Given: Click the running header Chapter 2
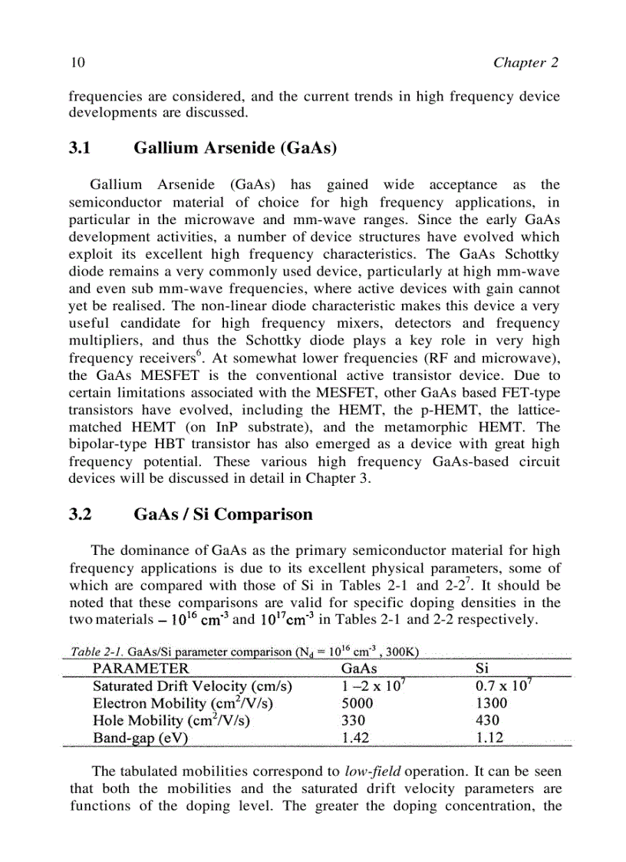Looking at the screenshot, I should click(526, 63).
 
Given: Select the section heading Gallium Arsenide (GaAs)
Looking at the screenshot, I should click(236, 148).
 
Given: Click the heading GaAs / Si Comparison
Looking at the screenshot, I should click(223, 514).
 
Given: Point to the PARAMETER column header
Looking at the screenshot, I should click(140, 669).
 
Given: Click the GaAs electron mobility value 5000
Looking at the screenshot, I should click(357, 704).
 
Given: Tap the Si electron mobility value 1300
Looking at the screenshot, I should click(491, 704).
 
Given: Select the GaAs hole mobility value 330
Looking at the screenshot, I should click(353, 721).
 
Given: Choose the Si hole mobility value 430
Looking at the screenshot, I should click(487, 721).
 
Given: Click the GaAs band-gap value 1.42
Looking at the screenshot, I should click(355, 738).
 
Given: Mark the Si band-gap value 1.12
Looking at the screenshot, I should click(489, 738).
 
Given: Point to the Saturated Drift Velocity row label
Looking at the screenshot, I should click(192, 686).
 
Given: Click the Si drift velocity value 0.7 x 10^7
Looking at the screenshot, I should click(501, 686).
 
